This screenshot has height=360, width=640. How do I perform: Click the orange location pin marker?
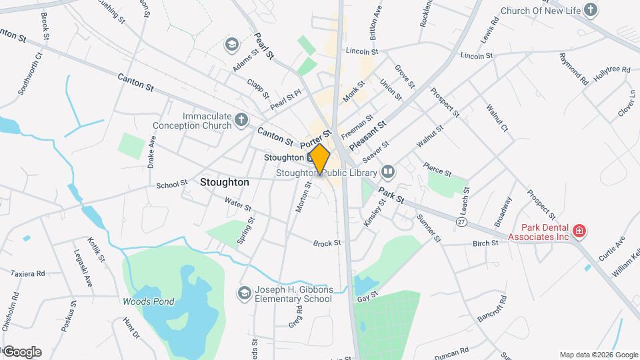(x=320, y=159)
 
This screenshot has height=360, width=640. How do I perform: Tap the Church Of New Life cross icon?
(x=590, y=9)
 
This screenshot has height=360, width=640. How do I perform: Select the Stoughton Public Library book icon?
(x=388, y=173)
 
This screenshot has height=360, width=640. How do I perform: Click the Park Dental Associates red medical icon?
(x=579, y=231)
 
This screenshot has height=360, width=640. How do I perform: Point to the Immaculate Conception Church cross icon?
(x=242, y=121)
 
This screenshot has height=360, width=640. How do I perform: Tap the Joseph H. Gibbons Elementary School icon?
(x=245, y=293)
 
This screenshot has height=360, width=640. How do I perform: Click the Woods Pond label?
(x=148, y=301)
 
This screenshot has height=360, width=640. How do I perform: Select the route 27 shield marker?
(x=461, y=221)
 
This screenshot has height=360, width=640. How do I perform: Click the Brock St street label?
(x=327, y=243)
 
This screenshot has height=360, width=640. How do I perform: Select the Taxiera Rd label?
(x=27, y=273)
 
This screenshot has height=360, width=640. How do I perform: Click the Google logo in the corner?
(x=22, y=351)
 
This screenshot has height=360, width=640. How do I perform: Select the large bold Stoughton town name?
(x=224, y=182)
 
